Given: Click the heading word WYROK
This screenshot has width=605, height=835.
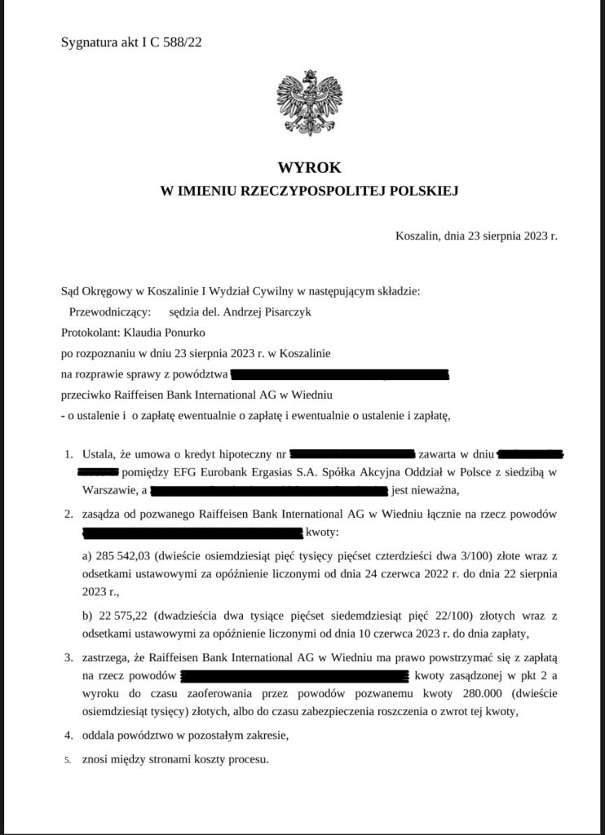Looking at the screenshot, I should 302,168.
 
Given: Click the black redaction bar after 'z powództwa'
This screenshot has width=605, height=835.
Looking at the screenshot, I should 340,375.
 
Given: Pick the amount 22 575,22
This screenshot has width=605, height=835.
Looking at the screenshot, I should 117,614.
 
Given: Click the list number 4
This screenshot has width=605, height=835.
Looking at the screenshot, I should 68,736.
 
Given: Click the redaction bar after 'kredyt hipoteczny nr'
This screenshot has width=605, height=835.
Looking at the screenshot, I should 352,453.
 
